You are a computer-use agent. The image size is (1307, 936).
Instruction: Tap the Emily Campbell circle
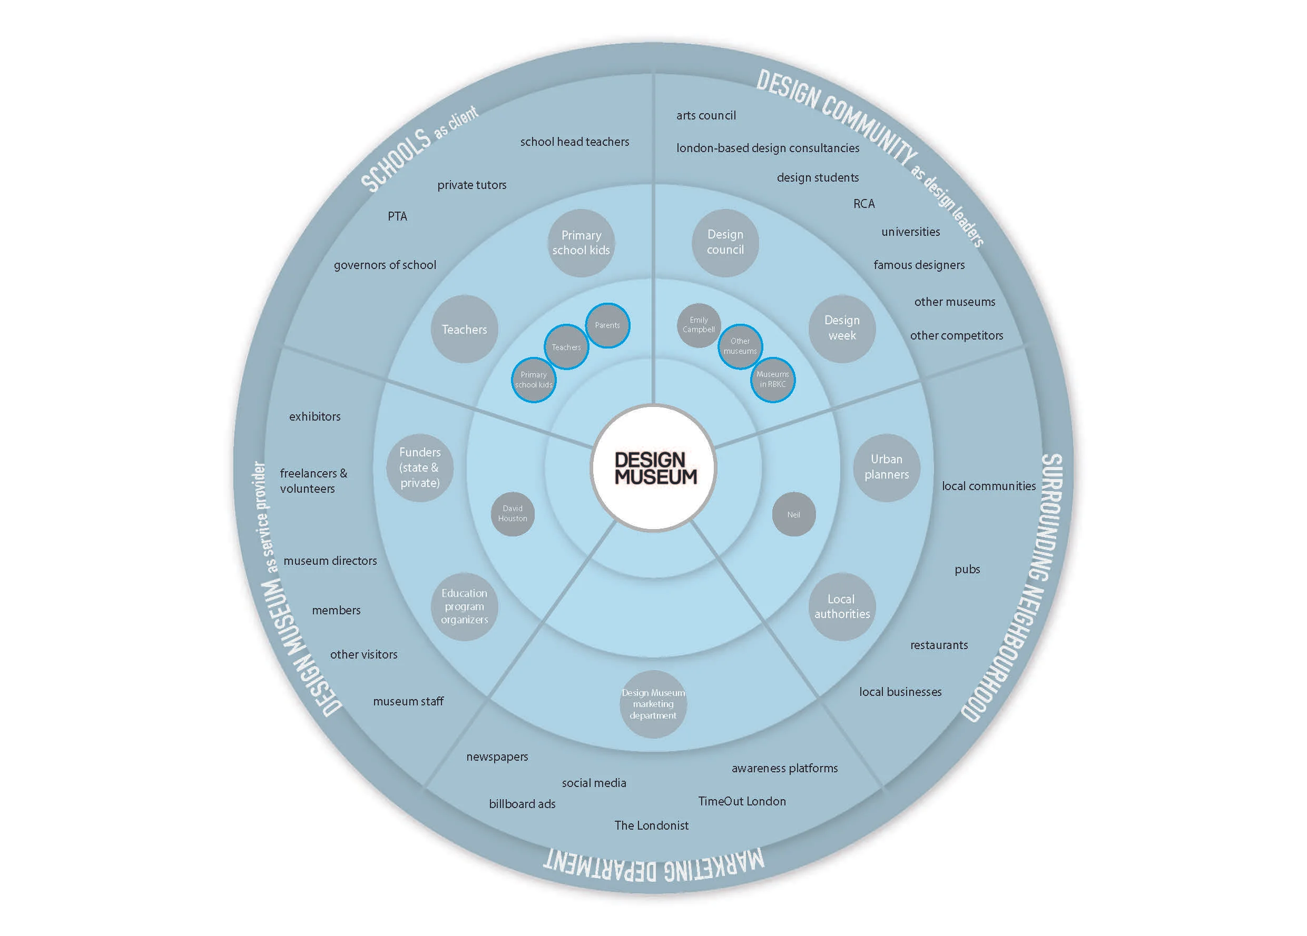699,325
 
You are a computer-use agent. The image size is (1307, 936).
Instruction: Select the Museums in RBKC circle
772,379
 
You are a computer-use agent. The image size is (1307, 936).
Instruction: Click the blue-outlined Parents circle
607,325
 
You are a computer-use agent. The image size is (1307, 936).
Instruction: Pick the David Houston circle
512,514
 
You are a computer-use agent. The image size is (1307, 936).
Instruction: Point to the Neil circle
793,514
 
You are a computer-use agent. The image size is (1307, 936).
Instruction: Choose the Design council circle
725,243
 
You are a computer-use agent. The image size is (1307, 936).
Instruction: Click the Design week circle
842,328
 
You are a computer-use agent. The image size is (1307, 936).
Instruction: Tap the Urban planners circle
886,467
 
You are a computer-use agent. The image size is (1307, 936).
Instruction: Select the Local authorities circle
842,606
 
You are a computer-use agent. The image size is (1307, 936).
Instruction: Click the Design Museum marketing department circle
653,704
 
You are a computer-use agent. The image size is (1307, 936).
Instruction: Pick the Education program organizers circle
465,606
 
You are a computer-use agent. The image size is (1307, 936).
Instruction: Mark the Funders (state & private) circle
419,467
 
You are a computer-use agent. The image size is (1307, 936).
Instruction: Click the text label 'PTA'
397,216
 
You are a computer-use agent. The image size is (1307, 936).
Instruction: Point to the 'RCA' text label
864,204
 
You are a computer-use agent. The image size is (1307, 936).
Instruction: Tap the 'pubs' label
967,570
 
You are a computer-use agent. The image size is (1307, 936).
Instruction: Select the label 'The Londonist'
651,825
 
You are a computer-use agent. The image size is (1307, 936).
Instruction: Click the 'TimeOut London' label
742,801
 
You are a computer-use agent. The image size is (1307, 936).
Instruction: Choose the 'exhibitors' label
315,416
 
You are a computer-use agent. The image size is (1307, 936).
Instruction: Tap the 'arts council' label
706,116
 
